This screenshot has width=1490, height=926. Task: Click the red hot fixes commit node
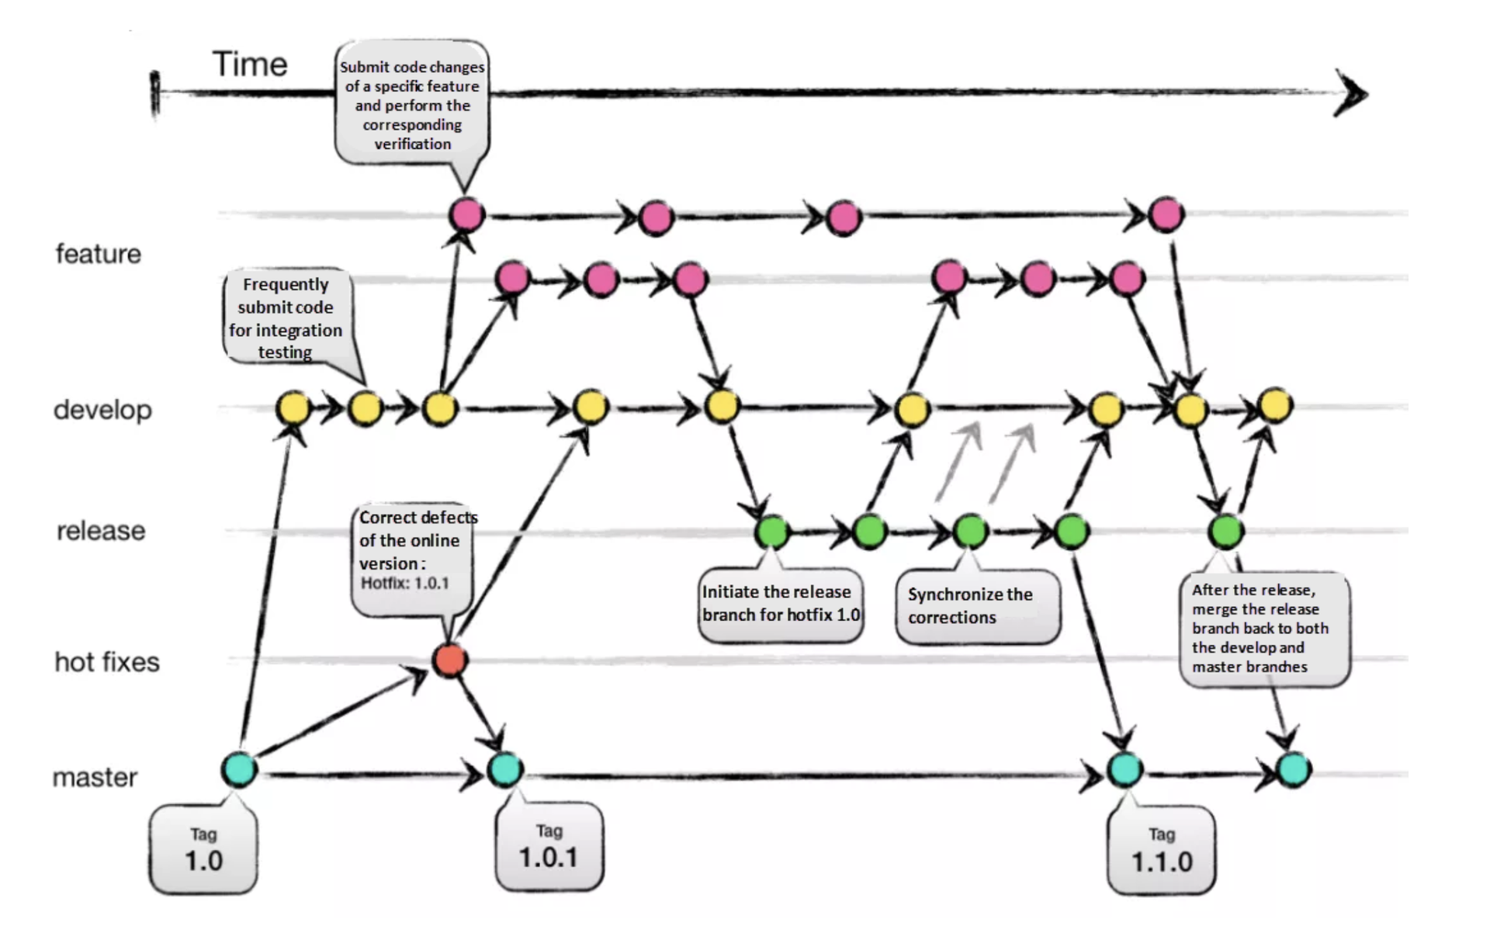pos(449,660)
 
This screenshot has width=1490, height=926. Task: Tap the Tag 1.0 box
pos(203,850)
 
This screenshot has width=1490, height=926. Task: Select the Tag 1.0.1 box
pos(549,848)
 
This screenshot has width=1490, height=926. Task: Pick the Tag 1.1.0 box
pos(1162,851)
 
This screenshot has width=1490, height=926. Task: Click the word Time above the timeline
pos(250,64)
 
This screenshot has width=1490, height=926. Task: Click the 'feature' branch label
pos(99,254)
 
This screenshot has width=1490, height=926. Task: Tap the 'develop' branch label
pos(102,410)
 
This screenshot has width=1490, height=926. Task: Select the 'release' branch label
pos(101,531)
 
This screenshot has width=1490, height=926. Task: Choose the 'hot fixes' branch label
pos(107,662)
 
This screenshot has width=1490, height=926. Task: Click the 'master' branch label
pos(95,777)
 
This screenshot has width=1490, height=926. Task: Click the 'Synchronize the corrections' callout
pos(977,606)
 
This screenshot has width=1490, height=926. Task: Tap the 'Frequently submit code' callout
pos(286,317)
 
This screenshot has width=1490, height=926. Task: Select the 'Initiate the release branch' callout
pos(780,604)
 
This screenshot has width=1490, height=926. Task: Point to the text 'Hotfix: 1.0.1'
pos(404,583)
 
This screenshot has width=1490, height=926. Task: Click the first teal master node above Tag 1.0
pos(239,769)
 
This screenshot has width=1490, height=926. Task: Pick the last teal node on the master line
pos(1293,769)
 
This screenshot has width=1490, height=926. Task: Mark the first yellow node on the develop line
pos(293,408)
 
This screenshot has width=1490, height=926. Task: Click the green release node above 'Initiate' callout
pos(772,532)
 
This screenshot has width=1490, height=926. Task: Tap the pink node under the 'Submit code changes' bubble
pos(466,214)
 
